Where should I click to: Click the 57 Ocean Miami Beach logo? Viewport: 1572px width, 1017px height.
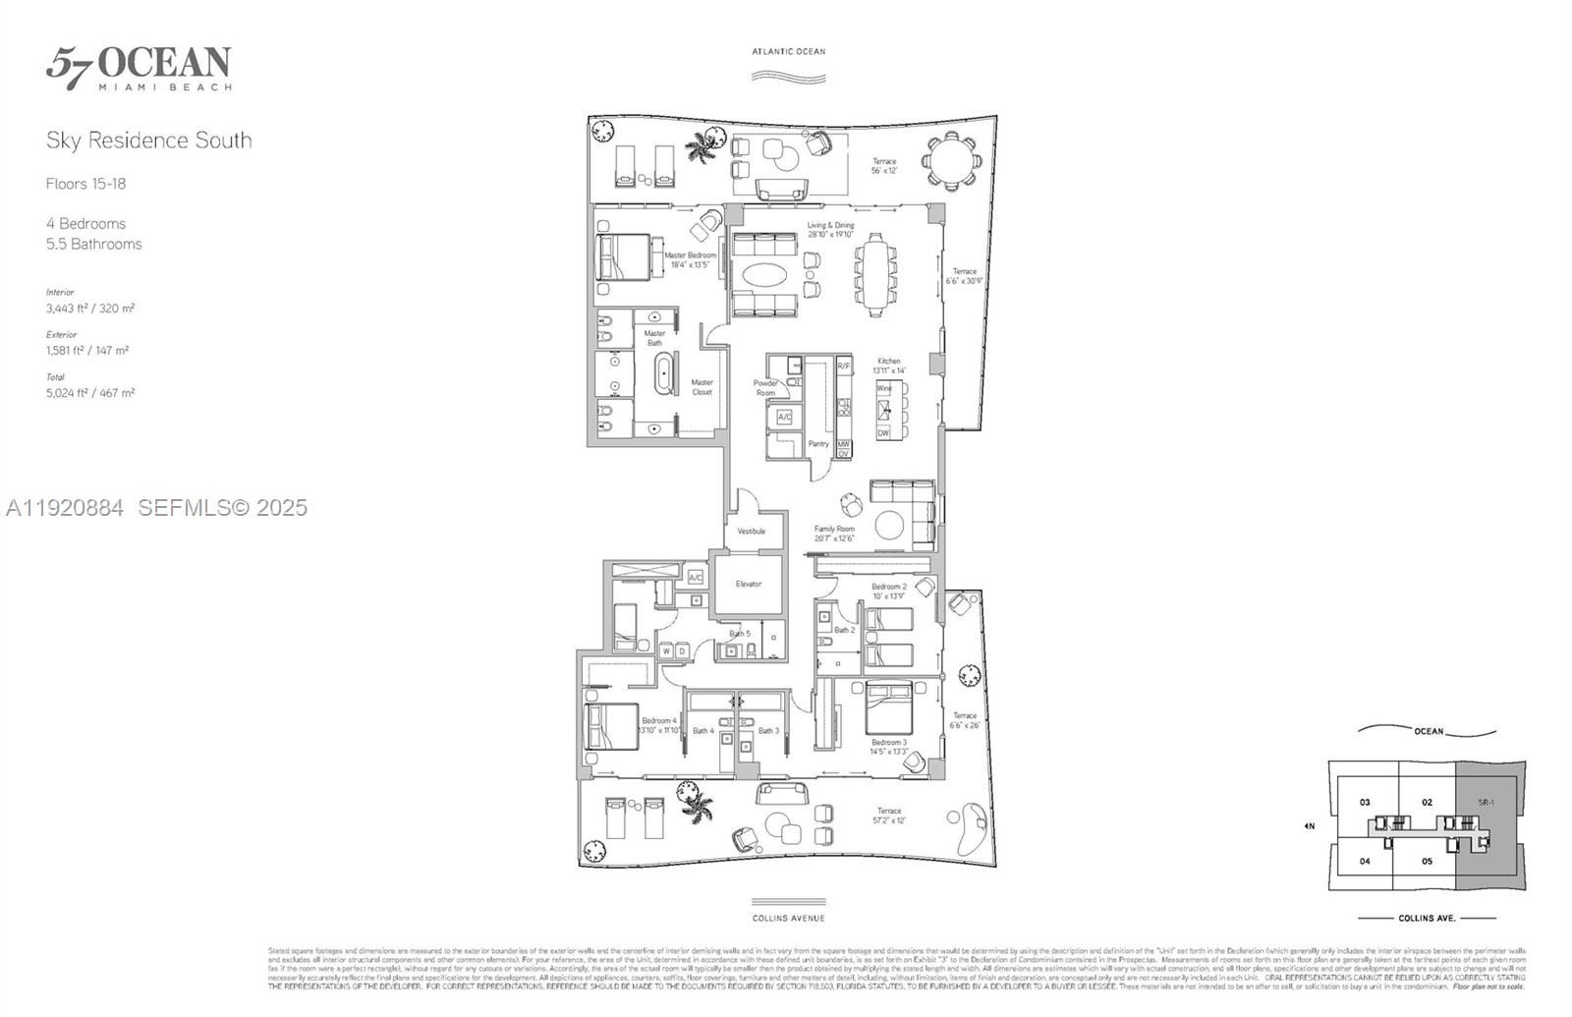tap(139, 68)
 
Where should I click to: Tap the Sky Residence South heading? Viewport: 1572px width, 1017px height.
tap(148, 141)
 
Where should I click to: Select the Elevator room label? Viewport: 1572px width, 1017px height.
tap(749, 584)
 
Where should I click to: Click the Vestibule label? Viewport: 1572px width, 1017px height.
tap(752, 532)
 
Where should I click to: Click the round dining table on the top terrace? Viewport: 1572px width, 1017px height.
tap(950, 159)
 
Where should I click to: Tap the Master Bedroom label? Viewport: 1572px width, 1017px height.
tap(691, 259)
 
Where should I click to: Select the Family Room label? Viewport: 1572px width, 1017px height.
tap(834, 534)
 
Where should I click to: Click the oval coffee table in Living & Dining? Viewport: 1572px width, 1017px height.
tap(763, 275)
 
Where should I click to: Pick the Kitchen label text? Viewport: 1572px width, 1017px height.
tap(888, 366)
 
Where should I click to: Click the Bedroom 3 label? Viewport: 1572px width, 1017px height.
tap(888, 747)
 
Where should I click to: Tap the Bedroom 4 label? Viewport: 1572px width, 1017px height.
tap(659, 725)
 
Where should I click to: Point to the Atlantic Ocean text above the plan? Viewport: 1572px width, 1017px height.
tap(789, 51)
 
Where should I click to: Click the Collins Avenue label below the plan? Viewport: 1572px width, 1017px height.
tap(789, 918)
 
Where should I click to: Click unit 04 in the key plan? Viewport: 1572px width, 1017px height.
tap(1365, 861)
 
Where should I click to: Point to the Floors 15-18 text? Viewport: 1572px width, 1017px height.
tap(85, 184)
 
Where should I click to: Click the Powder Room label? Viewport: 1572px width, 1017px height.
tap(765, 388)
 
